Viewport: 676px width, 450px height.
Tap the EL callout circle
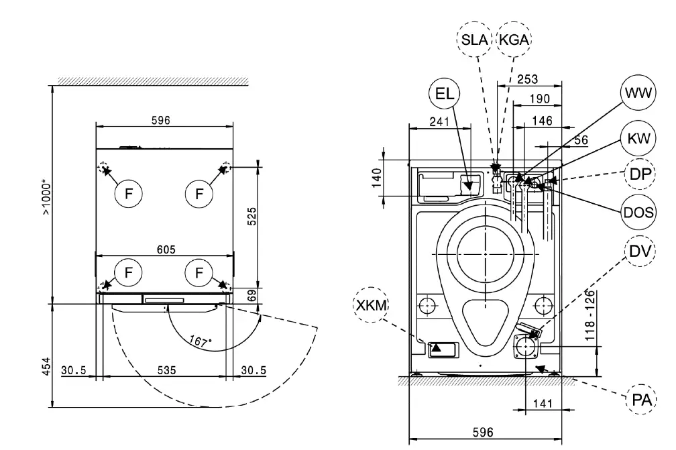point(444,95)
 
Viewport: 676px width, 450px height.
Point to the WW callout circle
point(638,95)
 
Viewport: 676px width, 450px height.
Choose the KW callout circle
point(638,139)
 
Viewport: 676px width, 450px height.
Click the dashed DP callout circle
point(638,174)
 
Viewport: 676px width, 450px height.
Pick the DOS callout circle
point(638,213)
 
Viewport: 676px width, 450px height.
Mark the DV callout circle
point(638,251)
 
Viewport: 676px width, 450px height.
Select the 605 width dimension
point(166,249)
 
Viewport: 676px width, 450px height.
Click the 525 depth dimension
point(253,217)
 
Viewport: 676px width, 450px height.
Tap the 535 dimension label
point(166,370)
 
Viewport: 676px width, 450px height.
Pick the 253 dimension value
point(527,80)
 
